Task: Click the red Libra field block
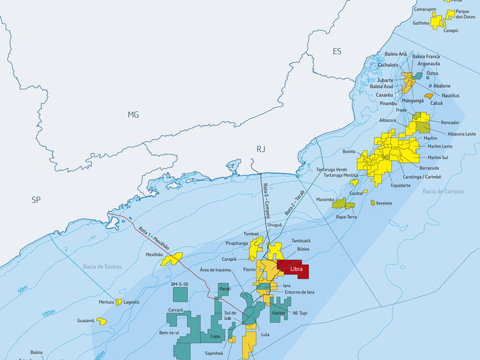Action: (x=295, y=269)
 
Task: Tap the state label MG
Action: (x=133, y=115)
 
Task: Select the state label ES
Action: (x=337, y=51)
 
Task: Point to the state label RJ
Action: (x=260, y=150)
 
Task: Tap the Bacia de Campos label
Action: (x=444, y=192)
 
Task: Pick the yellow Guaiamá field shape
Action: (x=102, y=321)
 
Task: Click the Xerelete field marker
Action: (x=373, y=203)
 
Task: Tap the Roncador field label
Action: (x=450, y=123)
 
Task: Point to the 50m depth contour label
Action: (x=23, y=289)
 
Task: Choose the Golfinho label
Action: (x=421, y=23)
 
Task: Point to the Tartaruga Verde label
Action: (x=331, y=169)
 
